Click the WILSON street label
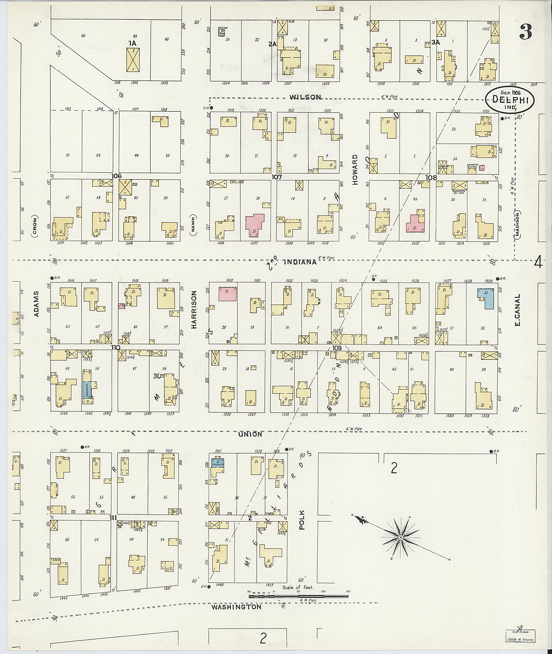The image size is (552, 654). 305,97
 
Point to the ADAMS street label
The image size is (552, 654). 37,304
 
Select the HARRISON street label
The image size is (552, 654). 194,309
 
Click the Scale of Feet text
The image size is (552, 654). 298,587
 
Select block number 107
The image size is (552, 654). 277,177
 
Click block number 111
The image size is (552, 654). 113,518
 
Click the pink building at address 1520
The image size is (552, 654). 227,293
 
